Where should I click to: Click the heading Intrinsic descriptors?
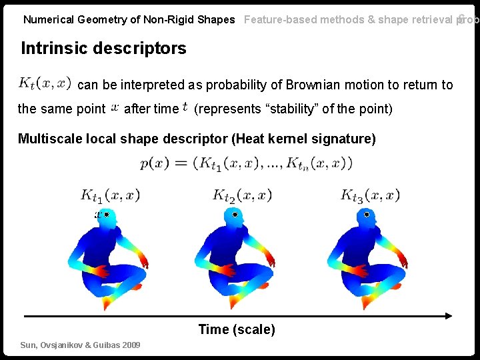(103, 48)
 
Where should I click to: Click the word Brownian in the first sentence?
(306, 85)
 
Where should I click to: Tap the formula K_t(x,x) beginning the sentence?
(44, 83)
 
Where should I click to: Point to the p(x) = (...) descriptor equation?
(246, 163)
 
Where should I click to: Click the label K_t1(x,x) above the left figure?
(110, 195)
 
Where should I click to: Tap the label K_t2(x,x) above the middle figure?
(242, 195)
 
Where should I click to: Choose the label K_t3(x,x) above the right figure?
(370, 195)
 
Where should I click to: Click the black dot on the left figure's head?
(107, 215)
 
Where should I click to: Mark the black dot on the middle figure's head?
(235, 215)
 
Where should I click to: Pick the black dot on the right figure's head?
(366, 215)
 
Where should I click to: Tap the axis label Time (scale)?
(237, 329)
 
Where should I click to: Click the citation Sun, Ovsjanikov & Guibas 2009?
(80, 345)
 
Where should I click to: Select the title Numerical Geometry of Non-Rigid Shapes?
(129, 19)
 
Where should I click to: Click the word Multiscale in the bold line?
(47, 139)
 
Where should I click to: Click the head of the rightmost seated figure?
(365, 217)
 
